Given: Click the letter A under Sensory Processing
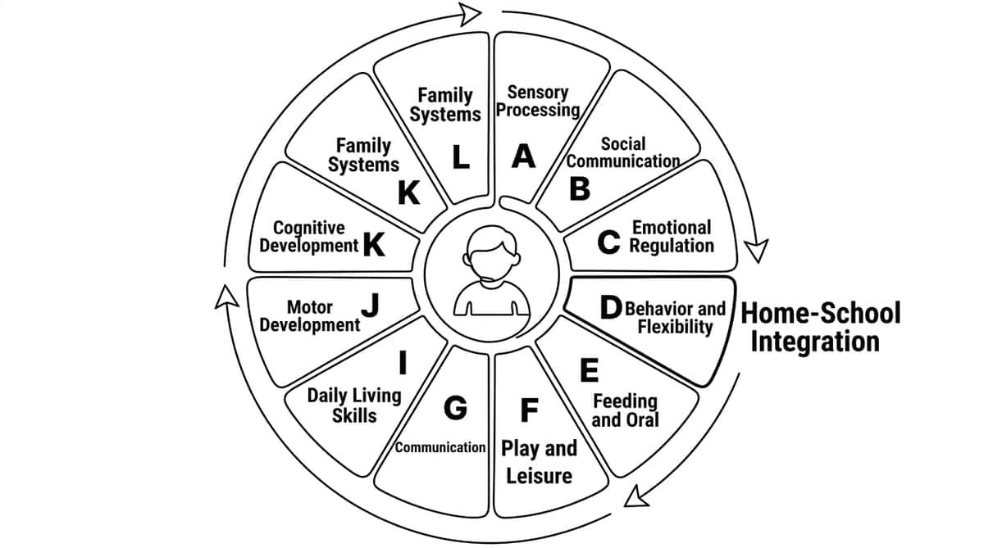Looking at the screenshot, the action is click(x=524, y=156).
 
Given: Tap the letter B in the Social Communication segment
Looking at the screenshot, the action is click(x=580, y=188).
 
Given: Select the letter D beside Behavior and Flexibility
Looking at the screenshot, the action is click(x=611, y=307).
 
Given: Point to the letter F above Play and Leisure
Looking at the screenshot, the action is click(x=530, y=410).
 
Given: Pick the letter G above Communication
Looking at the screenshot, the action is click(x=455, y=408).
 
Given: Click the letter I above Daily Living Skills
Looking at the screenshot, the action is click(x=403, y=362).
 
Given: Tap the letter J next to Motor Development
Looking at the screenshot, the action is click(x=371, y=305).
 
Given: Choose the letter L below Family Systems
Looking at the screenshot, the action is click(x=461, y=157).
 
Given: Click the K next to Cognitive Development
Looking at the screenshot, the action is click(x=374, y=244).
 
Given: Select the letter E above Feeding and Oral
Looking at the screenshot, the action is click(x=589, y=370).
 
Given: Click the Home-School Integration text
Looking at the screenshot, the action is click(x=820, y=327).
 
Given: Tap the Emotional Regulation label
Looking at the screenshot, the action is click(x=672, y=237).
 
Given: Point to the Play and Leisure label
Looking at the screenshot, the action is click(x=539, y=462).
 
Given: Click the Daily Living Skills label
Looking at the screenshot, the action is click(x=354, y=405).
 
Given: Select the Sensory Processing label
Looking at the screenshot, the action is click(x=538, y=101).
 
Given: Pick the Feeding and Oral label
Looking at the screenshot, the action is click(x=625, y=410).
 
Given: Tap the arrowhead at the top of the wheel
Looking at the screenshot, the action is click(x=470, y=14).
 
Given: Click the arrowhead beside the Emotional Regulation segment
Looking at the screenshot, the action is click(x=756, y=251).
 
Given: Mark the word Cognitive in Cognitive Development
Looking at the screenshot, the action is click(x=309, y=228).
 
